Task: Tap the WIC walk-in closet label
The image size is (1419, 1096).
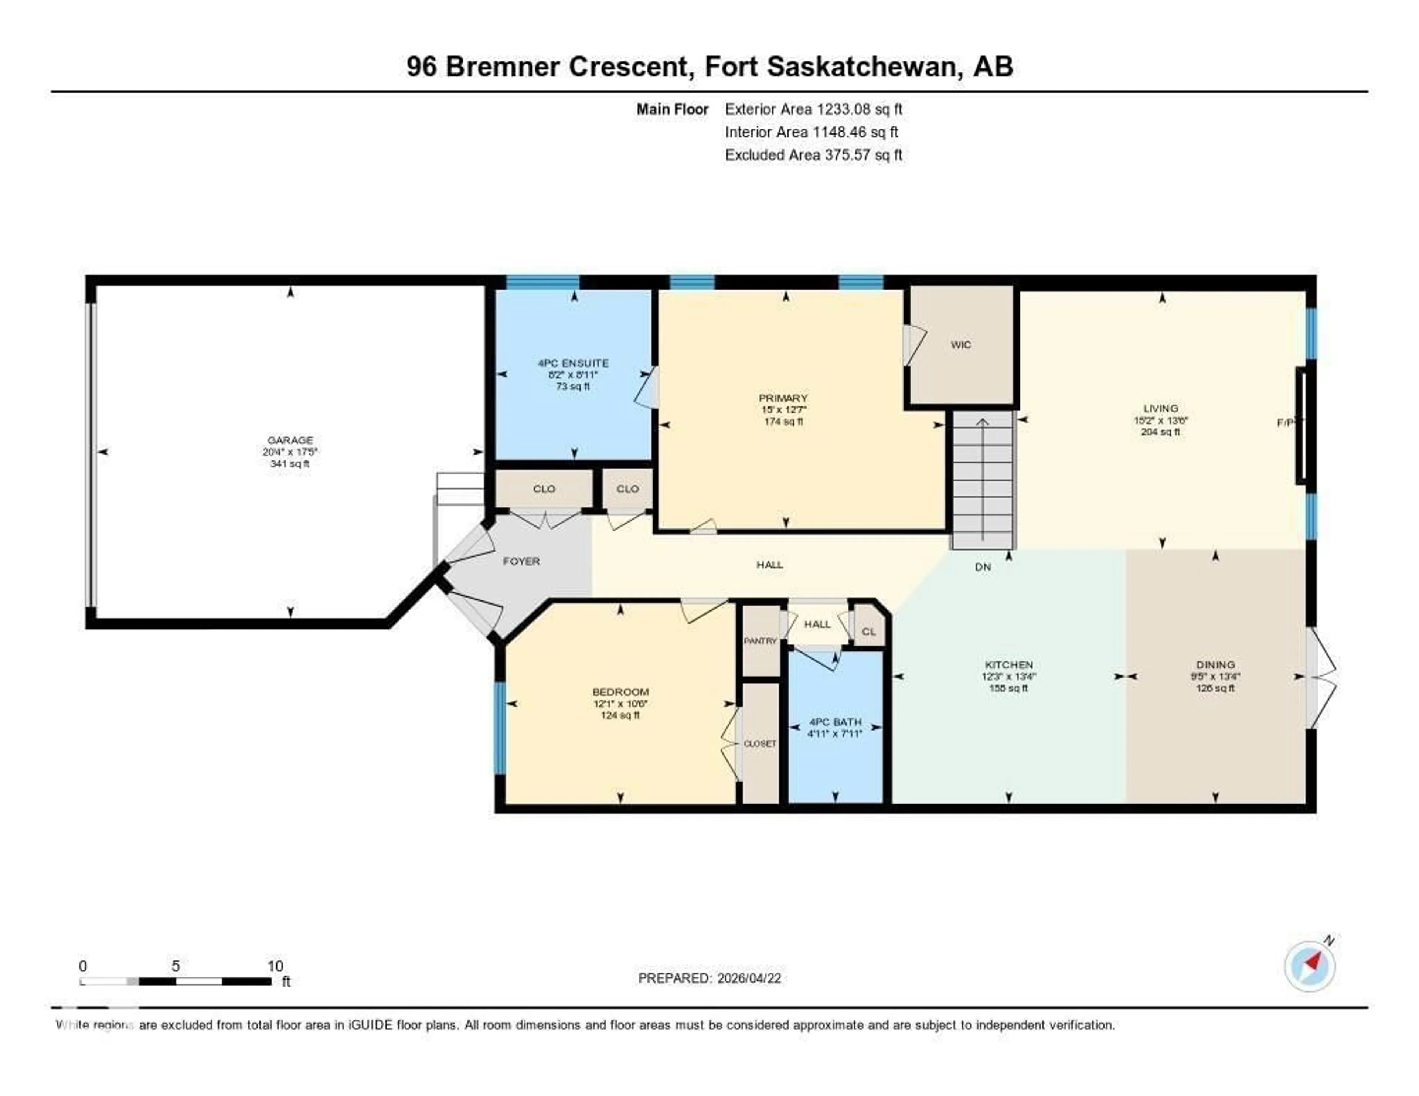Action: (x=960, y=345)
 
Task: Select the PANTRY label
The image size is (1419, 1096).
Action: (x=760, y=641)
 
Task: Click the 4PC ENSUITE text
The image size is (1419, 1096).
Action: (x=573, y=363)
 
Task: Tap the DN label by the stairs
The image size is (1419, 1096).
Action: (x=983, y=566)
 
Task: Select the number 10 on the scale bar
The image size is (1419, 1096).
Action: (x=275, y=966)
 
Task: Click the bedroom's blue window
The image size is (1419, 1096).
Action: (x=500, y=728)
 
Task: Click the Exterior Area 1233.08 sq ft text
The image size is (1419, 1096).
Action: (x=813, y=109)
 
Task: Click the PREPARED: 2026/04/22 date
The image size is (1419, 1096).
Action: (x=709, y=978)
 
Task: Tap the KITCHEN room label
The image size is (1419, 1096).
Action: (x=1008, y=665)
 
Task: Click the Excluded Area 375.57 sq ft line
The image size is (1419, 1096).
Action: (x=813, y=154)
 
